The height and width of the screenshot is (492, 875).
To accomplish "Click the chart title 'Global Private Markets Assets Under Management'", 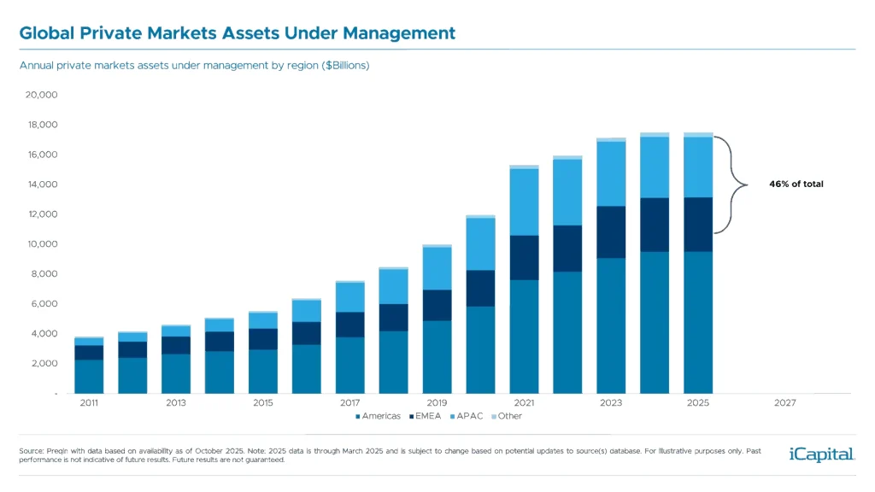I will [237, 33].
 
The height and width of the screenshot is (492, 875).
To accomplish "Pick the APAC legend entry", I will [468, 416].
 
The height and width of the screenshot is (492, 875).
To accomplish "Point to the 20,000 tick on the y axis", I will [41, 95].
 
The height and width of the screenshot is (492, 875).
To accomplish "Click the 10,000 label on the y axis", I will [41, 244].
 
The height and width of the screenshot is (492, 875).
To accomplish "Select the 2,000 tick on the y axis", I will [44, 364].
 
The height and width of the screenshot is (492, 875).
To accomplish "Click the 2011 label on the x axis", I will [88, 401].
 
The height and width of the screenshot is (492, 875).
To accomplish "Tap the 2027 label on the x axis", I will [785, 401].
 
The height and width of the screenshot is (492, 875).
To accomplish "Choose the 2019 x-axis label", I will [437, 401].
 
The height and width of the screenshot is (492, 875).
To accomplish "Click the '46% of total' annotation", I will [795, 184].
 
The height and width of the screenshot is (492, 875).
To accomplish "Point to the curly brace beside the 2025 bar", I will [728, 184].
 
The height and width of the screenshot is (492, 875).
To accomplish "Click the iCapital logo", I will [821, 454].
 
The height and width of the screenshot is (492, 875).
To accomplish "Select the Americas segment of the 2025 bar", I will [698, 322].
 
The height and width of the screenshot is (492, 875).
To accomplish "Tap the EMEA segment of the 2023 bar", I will [611, 231].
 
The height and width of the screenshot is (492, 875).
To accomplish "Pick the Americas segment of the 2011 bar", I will [88, 376].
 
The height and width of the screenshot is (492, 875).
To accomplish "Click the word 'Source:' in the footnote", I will [32, 449].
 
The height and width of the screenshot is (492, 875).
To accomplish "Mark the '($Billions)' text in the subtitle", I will [345, 65].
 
